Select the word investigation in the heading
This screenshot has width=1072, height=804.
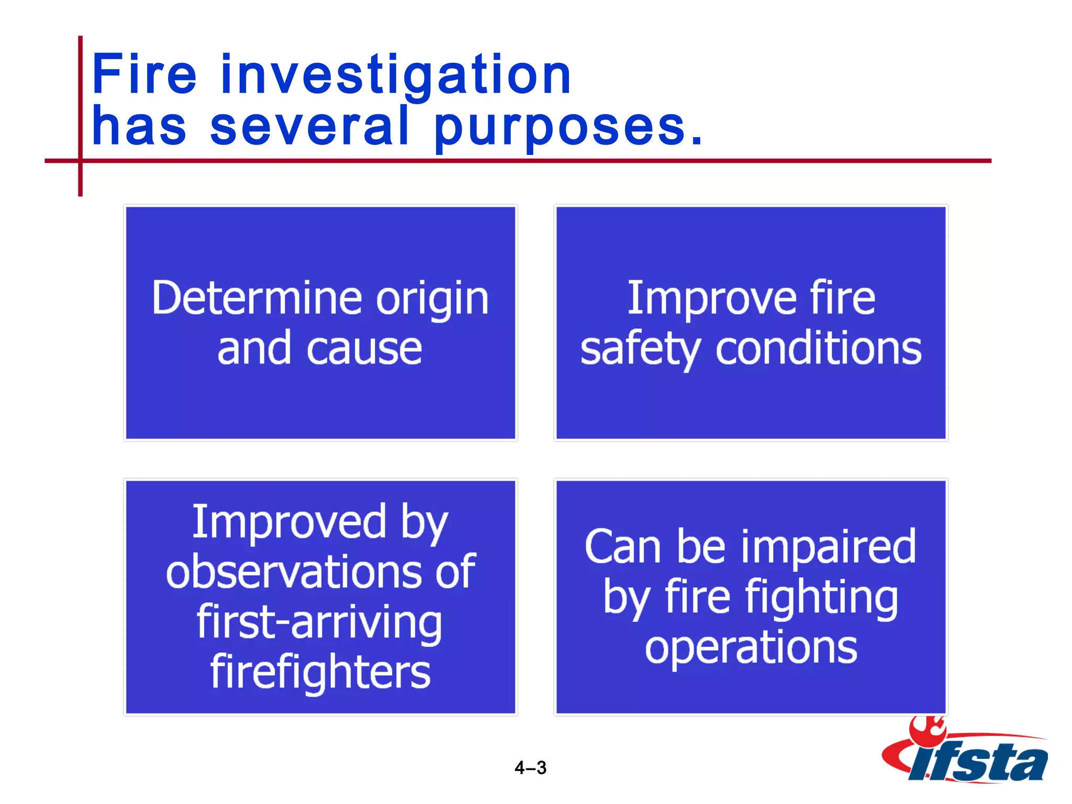pos(396,76)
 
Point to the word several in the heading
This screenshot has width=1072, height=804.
pos(309,126)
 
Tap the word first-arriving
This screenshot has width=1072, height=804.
pos(319,622)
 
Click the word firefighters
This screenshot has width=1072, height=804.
pos(320,673)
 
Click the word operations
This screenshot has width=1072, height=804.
pos(751,648)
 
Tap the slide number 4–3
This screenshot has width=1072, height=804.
pos(530,768)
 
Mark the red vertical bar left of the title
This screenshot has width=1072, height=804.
pos(81,115)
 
